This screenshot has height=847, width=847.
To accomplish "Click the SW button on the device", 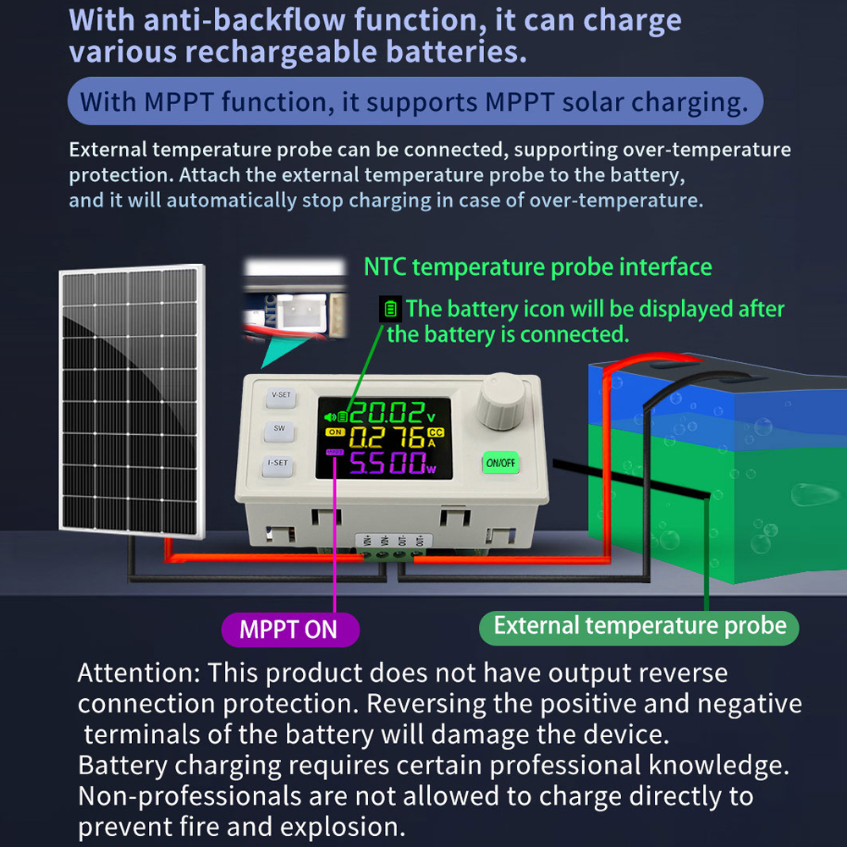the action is click(278, 430).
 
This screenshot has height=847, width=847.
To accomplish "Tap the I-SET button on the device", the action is click(278, 465).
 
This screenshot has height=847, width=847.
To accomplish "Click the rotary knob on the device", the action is click(501, 401).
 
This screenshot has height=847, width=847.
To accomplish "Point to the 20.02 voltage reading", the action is click(386, 414).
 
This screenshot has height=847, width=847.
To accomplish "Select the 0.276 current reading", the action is click(386, 437).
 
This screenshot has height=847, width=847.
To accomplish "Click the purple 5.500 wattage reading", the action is click(388, 463).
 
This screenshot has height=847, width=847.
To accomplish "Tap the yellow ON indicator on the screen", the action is click(335, 432).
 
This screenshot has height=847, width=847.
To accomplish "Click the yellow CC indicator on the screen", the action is click(436, 432).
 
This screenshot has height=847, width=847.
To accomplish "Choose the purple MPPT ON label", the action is click(290, 630).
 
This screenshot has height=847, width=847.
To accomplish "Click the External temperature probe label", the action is click(639, 627).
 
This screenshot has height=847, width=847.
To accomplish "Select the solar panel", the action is click(132, 401).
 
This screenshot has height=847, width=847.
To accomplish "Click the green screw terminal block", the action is click(391, 554).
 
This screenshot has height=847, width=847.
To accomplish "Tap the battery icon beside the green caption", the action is click(390, 309).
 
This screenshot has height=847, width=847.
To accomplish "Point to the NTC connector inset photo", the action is click(295, 298).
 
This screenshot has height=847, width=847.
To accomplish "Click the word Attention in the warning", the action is click(139, 673).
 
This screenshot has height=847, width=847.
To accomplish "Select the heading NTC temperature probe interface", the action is click(538, 267).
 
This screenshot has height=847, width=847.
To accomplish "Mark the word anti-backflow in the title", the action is click(245, 20).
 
